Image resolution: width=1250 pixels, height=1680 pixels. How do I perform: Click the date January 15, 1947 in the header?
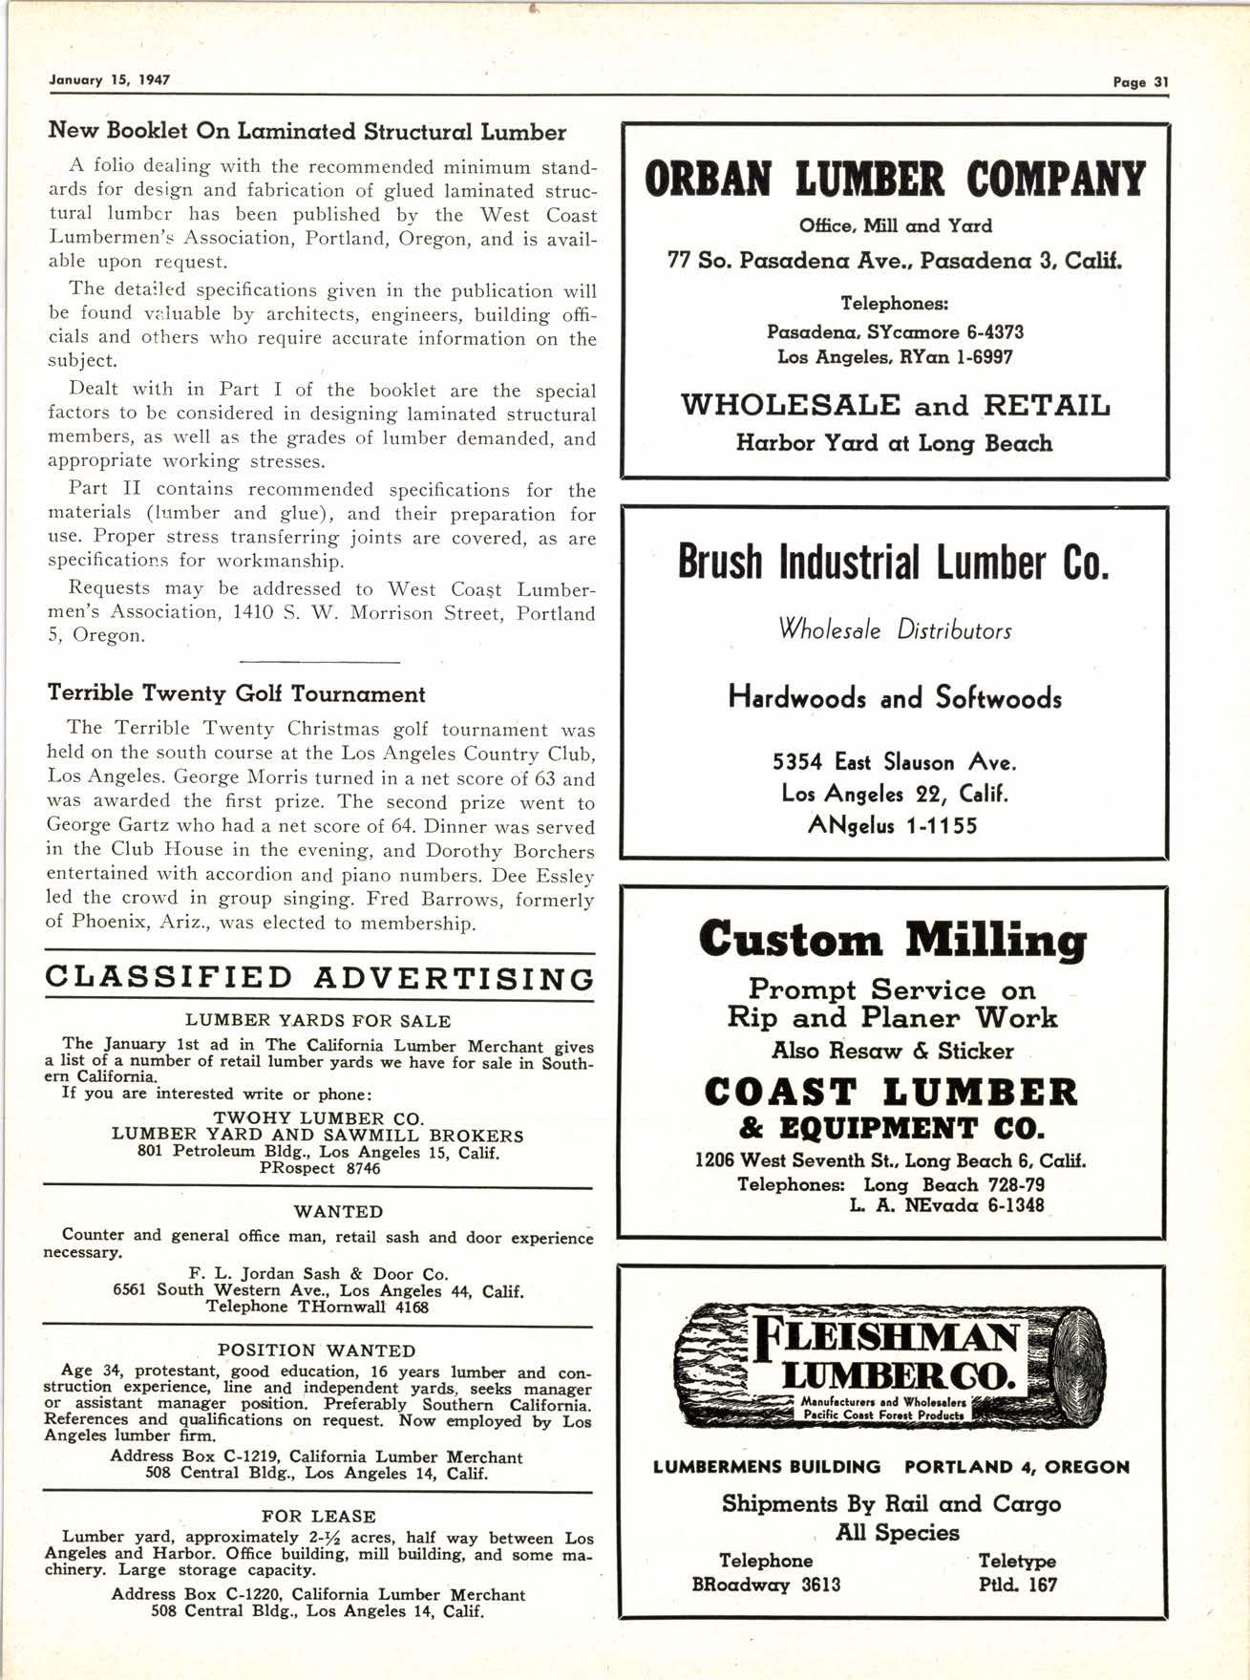click(109, 80)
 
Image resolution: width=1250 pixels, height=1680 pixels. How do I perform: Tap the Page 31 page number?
click(1140, 82)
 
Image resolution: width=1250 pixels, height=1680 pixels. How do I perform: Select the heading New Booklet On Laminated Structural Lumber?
click(307, 132)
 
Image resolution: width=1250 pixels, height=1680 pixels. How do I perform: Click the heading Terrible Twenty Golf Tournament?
click(236, 693)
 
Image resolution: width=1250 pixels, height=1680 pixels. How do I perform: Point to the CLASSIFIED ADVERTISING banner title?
click(320, 978)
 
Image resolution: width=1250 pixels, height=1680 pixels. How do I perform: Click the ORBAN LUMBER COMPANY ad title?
click(895, 180)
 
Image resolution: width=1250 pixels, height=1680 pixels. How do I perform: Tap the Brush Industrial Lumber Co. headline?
click(894, 563)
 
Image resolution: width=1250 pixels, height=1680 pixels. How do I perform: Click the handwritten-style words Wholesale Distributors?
click(895, 630)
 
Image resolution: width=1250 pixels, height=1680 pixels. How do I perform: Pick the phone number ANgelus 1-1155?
click(893, 825)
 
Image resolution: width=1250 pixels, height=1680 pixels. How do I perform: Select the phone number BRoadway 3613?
click(766, 1584)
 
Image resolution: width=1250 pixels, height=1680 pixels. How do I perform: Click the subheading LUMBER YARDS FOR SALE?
click(318, 1020)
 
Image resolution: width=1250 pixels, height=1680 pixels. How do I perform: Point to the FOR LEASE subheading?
click(318, 1516)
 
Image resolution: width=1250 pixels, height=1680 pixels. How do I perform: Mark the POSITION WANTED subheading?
click(317, 1350)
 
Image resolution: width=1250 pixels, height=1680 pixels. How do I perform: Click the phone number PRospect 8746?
click(319, 1168)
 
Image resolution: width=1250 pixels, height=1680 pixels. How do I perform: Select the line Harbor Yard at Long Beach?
click(894, 443)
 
